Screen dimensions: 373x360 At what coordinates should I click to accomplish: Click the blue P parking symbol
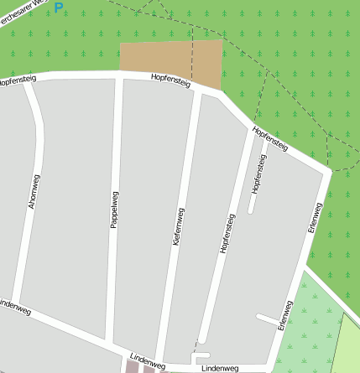(x=58, y=8)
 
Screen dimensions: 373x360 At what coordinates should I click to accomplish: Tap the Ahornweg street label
(x=33, y=192)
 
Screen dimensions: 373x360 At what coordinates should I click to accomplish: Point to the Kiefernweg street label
(x=178, y=226)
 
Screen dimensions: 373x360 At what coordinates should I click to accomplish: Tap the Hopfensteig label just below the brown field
(x=171, y=80)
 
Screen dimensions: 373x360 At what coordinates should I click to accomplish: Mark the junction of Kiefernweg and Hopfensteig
(x=196, y=89)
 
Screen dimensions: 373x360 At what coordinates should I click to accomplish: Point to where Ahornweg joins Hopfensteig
(x=28, y=81)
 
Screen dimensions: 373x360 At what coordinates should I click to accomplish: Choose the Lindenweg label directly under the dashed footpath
(x=221, y=368)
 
